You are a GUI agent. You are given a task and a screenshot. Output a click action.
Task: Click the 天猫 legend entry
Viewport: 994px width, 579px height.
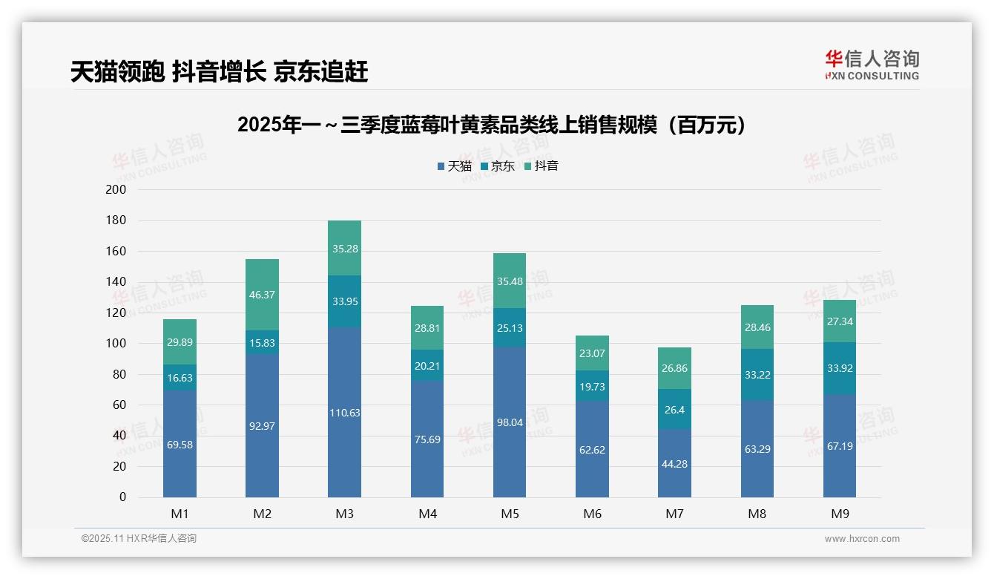(x=454, y=166)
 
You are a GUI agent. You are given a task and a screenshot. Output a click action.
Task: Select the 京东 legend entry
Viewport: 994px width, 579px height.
(x=498, y=166)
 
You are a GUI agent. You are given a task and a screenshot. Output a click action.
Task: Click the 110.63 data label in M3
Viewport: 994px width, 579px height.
(x=344, y=413)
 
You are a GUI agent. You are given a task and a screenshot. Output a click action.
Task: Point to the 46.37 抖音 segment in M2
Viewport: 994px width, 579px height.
(x=262, y=295)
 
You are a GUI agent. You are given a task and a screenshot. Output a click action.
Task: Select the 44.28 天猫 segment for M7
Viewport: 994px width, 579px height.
(x=674, y=463)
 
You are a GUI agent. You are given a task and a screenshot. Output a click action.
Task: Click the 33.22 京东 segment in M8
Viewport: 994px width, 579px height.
(x=757, y=375)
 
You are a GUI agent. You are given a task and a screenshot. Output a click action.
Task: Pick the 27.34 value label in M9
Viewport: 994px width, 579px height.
(x=839, y=321)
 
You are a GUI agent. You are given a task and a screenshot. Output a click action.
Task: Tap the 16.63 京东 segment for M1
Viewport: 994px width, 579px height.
(x=180, y=377)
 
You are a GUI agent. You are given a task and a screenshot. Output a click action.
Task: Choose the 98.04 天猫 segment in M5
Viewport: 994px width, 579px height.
(x=510, y=422)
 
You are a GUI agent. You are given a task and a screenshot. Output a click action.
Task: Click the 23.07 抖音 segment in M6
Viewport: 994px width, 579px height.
(x=592, y=353)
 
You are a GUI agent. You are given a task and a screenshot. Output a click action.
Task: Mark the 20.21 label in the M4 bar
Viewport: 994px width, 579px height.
(x=427, y=365)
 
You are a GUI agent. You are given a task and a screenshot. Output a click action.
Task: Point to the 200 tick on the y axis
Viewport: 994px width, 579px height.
(x=116, y=190)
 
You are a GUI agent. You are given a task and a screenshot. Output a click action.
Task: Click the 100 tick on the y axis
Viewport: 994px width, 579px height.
(x=116, y=344)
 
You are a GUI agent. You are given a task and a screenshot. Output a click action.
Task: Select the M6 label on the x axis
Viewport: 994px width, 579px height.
(x=592, y=514)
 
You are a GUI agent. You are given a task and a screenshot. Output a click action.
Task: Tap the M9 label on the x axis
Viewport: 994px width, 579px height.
(x=839, y=514)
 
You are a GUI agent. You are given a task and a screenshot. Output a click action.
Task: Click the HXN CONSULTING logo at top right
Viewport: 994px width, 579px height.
(x=872, y=65)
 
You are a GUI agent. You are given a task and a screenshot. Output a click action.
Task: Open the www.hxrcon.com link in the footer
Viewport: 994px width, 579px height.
(x=862, y=539)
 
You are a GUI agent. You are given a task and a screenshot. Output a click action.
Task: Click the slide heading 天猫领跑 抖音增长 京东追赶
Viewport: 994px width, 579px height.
(x=219, y=72)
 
